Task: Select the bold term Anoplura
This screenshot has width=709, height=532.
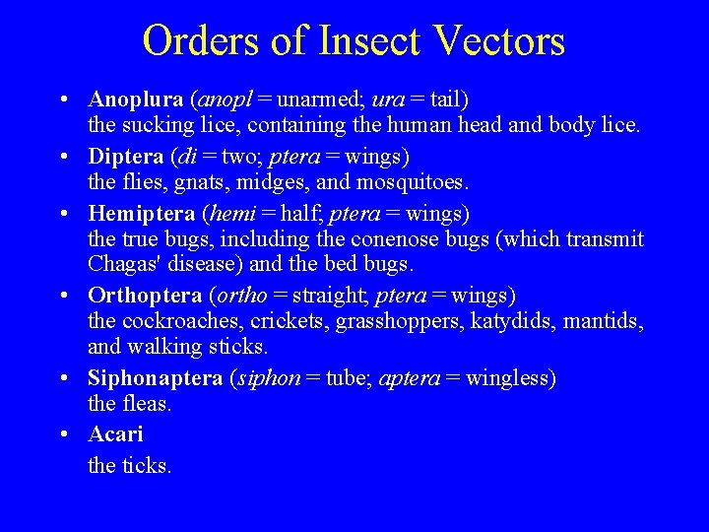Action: pyautogui.click(x=136, y=99)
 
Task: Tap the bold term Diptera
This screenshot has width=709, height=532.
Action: pyautogui.click(x=126, y=156)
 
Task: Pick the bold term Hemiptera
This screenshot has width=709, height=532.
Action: pyautogui.click(x=142, y=213)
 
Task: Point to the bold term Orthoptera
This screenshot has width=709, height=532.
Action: pyautogui.click(x=145, y=296)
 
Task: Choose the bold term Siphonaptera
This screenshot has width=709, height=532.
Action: pyautogui.click(x=155, y=378)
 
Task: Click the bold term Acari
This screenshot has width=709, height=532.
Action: pyautogui.click(x=115, y=433)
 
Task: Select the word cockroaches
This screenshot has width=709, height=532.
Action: pyautogui.click(x=182, y=321)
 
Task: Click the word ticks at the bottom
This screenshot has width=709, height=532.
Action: pyautogui.click(x=147, y=465)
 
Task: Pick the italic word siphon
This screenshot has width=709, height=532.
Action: pyautogui.click(x=262, y=379)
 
